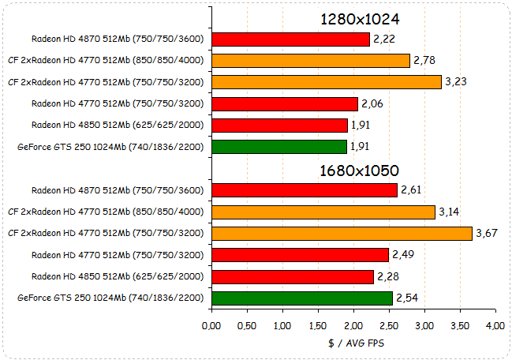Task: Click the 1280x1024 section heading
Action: [359, 19]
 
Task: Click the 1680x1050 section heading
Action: [359, 171]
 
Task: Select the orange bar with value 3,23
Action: [327, 82]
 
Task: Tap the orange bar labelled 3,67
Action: [342, 233]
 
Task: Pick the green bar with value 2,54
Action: [302, 298]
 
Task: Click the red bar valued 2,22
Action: [291, 39]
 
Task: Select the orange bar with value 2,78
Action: [311, 60]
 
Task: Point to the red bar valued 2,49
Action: [301, 254]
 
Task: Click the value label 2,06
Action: [372, 103]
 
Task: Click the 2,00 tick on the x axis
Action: [353, 325]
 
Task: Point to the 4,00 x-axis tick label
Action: [495, 325]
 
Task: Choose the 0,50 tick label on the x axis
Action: [247, 325]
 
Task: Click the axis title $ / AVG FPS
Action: [353, 343]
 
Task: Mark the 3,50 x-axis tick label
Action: [459, 325]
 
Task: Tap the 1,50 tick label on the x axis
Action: [318, 325]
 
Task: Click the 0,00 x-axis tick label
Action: [211, 325]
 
